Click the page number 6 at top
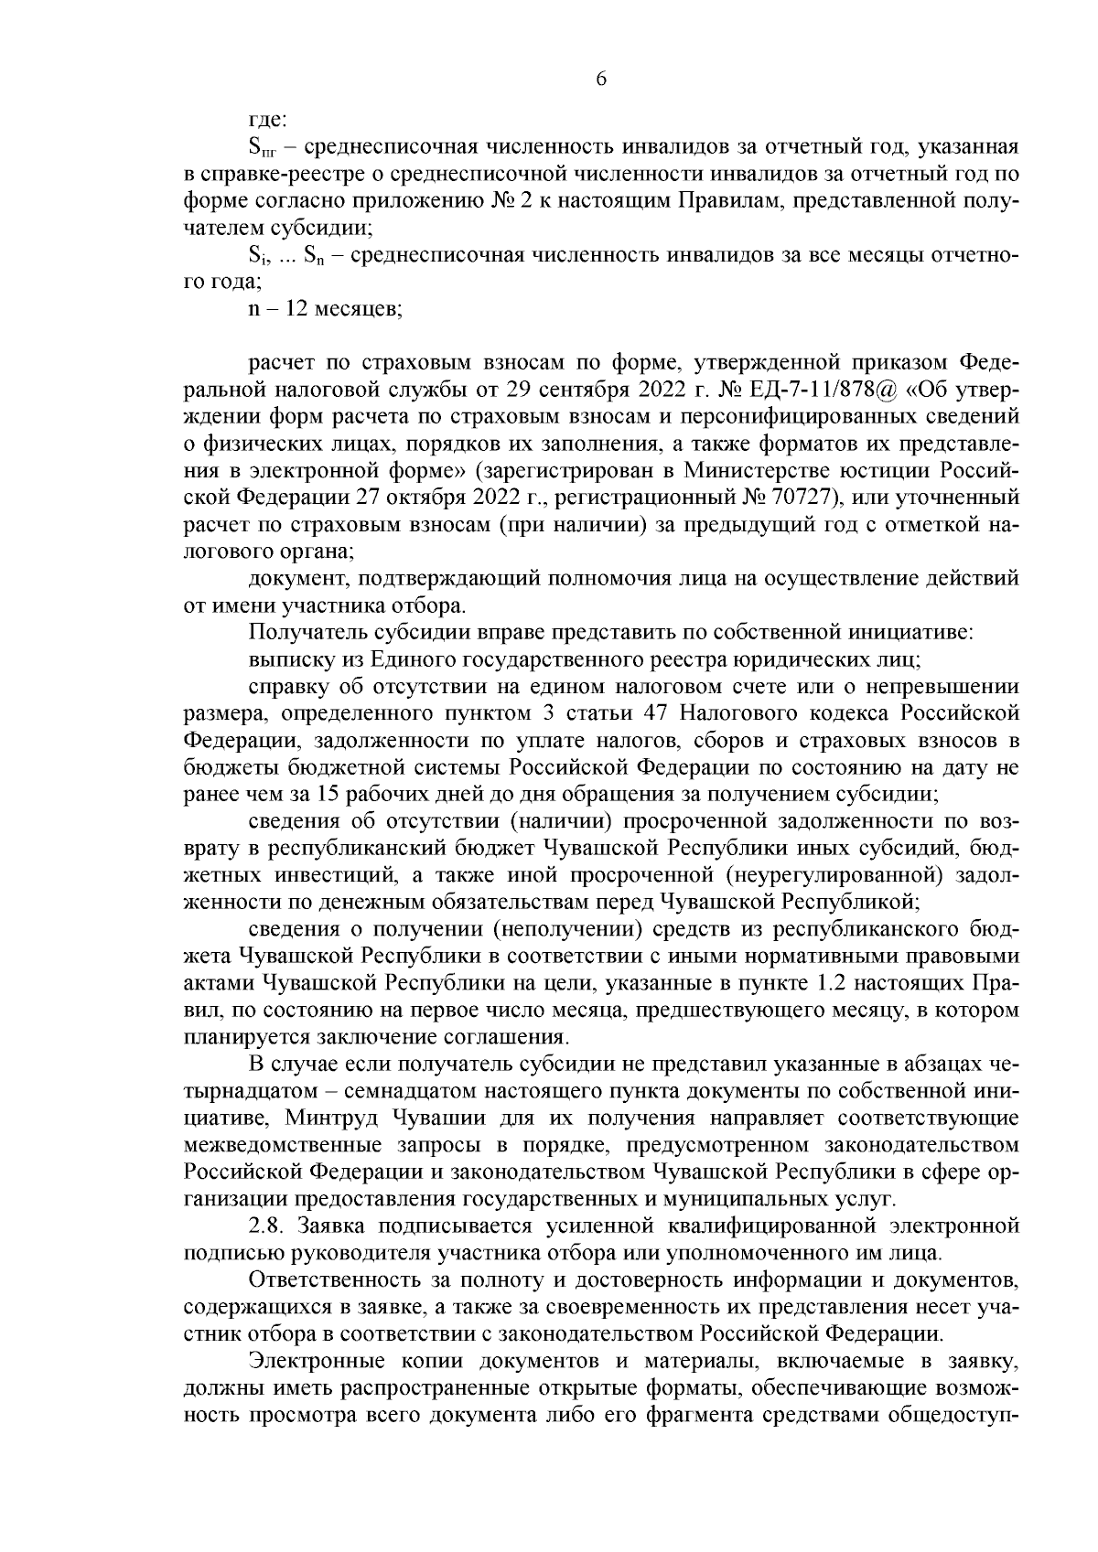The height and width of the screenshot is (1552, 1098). pyautogui.click(x=601, y=80)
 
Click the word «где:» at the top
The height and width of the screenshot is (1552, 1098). pyautogui.click(x=268, y=120)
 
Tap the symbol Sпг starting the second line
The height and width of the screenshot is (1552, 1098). pyautogui.click(x=264, y=148)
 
